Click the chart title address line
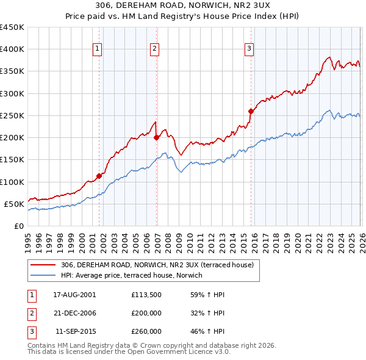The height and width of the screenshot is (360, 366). point(182,5)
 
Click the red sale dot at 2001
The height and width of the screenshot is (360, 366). point(99,176)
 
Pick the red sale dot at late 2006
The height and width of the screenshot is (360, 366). point(157,137)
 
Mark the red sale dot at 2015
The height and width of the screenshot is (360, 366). point(251,111)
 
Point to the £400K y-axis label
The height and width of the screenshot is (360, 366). point(12,49)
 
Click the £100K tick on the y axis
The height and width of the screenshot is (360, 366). point(12,182)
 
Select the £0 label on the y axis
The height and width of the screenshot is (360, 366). point(18,226)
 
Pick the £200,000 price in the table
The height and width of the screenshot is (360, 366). point(146,313)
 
